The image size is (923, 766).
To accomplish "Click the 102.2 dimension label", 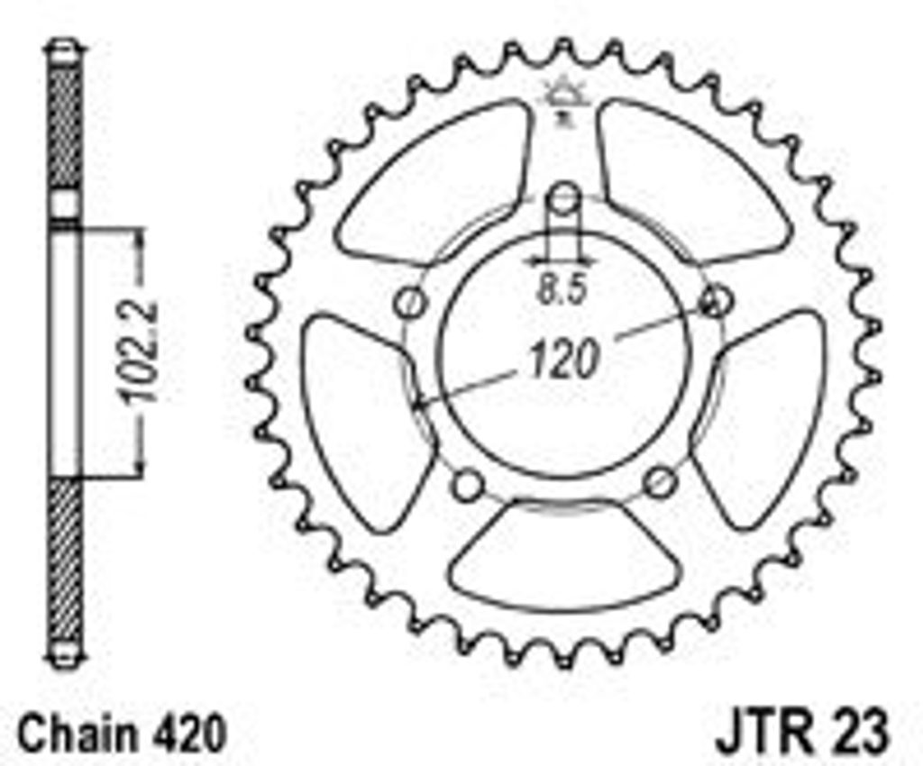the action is [x=137, y=351].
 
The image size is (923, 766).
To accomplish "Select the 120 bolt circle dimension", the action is [x=564, y=359].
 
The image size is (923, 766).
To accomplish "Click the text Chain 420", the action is [x=122, y=733].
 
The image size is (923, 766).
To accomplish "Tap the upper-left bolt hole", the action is [x=410, y=304].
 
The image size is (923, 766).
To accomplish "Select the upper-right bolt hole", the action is [x=717, y=301].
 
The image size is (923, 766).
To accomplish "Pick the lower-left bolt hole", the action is [x=469, y=485].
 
